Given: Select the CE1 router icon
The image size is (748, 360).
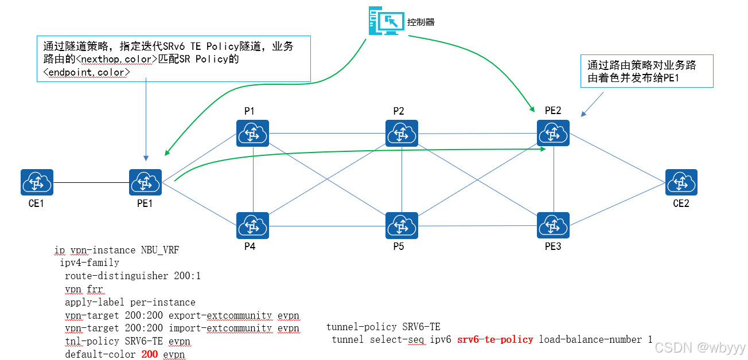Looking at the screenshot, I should (37, 183).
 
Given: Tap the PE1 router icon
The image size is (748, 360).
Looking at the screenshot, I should (146, 183).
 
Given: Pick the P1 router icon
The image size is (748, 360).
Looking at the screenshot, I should (252, 134).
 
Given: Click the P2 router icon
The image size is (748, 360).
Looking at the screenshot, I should (402, 134).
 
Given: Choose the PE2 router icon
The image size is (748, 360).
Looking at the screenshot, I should (553, 134).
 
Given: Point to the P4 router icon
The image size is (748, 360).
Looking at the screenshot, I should (252, 226).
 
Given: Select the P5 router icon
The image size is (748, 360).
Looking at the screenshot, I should (402, 226).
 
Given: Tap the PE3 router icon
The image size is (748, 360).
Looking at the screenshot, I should (553, 226).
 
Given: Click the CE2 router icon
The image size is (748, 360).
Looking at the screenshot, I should (681, 183).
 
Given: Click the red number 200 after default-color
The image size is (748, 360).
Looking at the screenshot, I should (149, 354).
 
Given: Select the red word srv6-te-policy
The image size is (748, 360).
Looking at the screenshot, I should (495, 339).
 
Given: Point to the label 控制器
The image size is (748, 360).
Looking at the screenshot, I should (420, 22).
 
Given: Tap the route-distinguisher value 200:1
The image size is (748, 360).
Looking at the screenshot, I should (187, 276).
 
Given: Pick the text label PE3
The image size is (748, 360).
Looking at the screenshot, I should (553, 247).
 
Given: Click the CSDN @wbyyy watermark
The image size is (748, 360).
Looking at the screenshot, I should (700, 347).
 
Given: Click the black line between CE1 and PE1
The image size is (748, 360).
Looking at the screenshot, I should (91, 183).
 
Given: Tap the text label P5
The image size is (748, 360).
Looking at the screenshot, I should (399, 247).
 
